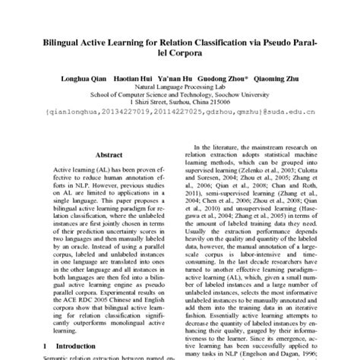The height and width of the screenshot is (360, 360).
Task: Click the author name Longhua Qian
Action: tap(84, 79)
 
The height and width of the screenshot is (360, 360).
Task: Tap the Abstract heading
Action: tap(110, 151)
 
